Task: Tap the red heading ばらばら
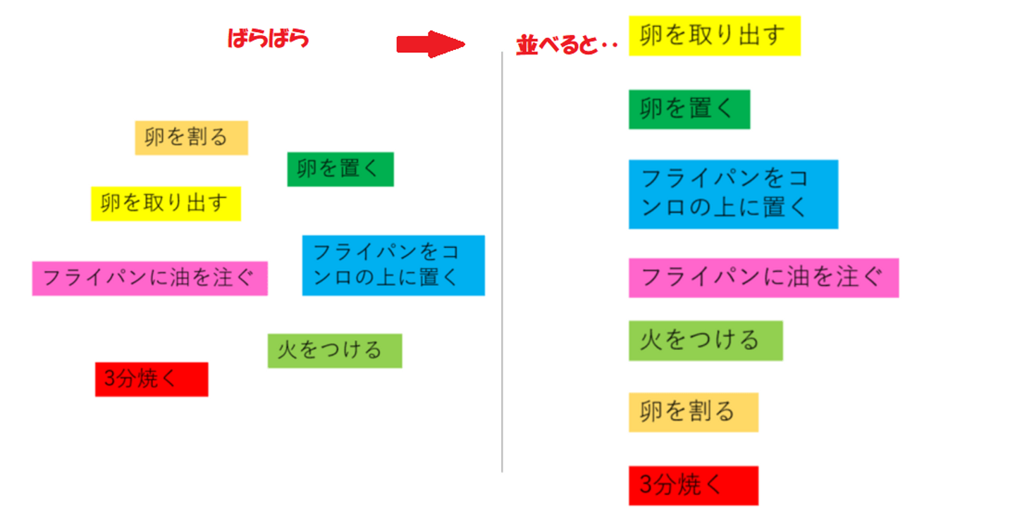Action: click(x=268, y=38)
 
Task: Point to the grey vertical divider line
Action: click(x=502, y=260)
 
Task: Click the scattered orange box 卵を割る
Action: click(x=191, y=137)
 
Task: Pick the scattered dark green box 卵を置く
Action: click(x=340, y=169)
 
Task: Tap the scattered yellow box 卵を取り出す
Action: click(x=166, y=203)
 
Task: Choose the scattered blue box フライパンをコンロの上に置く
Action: click(x=393, y=265)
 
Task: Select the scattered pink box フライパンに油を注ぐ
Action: click(x=149, y=278)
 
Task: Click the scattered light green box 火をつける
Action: click(x=334, y=351)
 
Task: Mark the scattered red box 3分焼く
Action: click(x=152, y=379)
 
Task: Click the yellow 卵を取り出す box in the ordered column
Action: click(x=714, y=36)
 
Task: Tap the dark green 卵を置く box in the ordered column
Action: click(x=689, y=109)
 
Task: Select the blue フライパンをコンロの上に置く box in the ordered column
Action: click(x=733, y=194)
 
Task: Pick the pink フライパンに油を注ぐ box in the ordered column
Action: click(x=763, y=277)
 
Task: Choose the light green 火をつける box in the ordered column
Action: click(x=705, y=341)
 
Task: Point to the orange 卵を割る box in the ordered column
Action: click(x=693, y=412)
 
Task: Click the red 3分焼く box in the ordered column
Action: click(x=693, y=485)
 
